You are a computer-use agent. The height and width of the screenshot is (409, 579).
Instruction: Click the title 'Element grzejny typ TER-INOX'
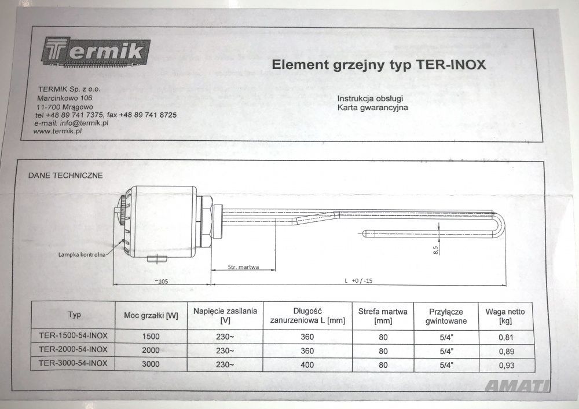(379, 65)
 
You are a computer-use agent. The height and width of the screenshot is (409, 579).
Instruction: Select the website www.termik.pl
(57, 131)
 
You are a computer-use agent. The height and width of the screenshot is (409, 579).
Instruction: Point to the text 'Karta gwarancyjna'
(372, 108)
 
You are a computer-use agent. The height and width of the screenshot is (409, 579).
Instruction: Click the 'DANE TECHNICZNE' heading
(65, 176)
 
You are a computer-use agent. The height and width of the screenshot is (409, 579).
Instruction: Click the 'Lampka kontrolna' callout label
(82, 254)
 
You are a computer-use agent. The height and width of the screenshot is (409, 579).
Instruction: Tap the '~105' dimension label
(162, 281)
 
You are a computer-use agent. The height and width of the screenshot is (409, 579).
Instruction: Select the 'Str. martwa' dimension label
(243, 266)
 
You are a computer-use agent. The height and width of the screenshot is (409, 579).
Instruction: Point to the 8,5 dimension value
(436, 250)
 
